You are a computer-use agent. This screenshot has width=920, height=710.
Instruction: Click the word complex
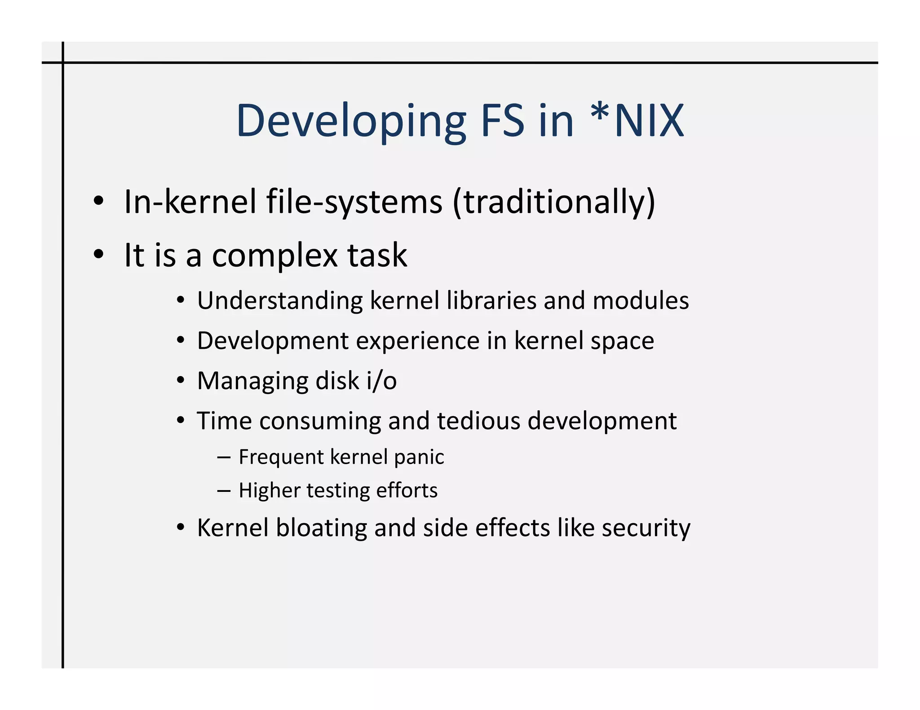tap(274, 256)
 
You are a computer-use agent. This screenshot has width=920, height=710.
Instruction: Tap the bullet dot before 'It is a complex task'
tap(99, 254)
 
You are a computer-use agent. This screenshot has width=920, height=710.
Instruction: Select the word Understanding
tap(280, 300)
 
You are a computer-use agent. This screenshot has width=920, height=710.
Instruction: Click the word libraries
tap(491, 300)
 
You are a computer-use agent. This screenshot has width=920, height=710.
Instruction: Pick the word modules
tap(641, 300)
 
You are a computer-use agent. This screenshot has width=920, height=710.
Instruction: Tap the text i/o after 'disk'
tap(382, 381)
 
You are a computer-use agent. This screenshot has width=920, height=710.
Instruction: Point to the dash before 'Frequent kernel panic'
tap(224, 457)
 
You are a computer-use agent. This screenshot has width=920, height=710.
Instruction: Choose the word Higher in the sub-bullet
tap(270, 491)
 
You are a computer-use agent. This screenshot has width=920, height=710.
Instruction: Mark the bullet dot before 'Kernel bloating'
tap(181, 527)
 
